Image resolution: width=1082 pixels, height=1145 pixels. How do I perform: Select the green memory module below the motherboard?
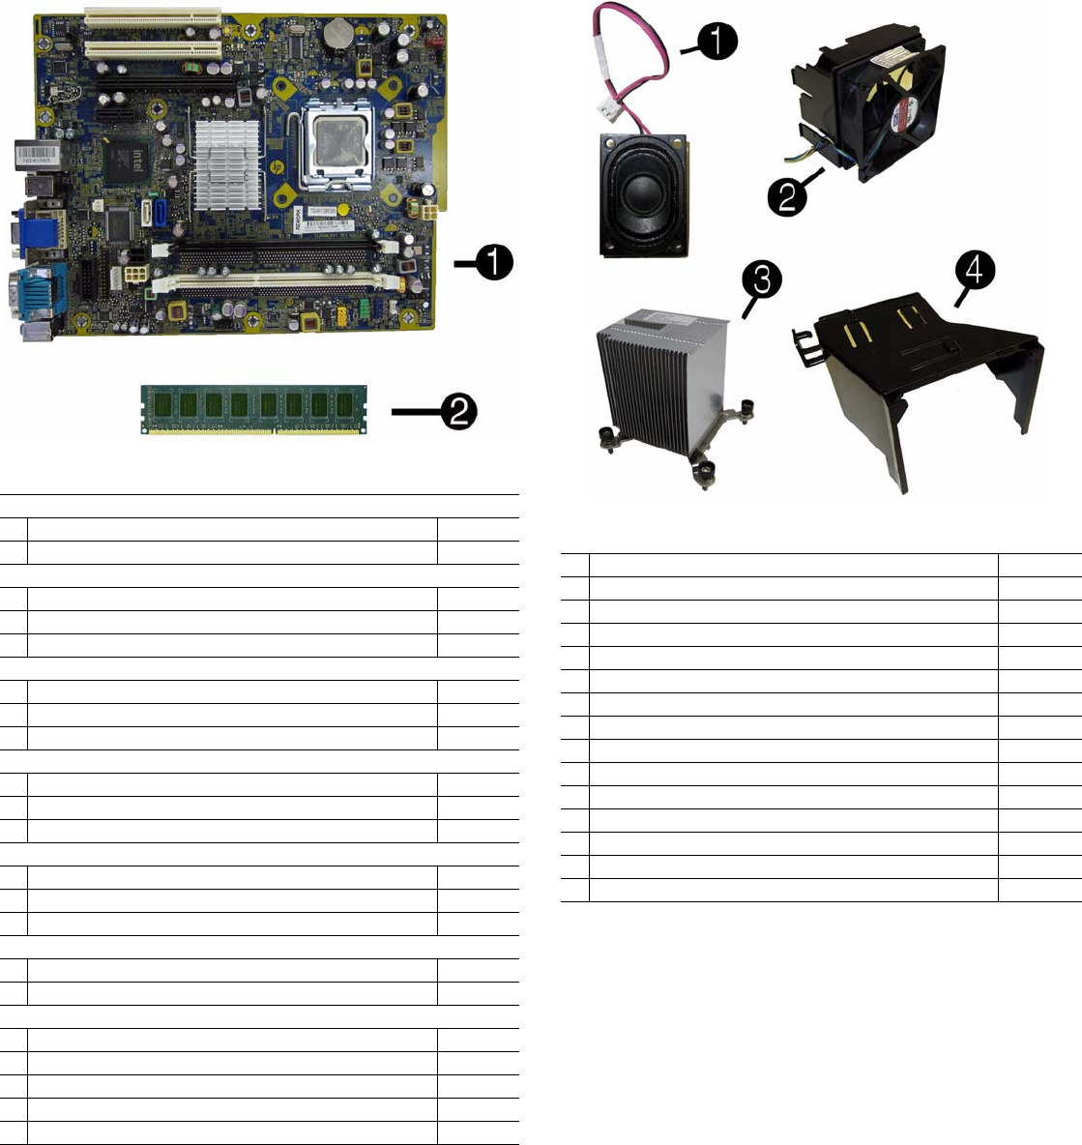(x=254, y=410)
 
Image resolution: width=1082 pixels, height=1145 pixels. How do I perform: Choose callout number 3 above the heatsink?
(x=762, y=279)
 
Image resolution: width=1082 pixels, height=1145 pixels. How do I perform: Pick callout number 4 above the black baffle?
(x=975, y=273)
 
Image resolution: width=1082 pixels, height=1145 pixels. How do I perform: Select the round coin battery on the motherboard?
(x=337, y=36)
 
